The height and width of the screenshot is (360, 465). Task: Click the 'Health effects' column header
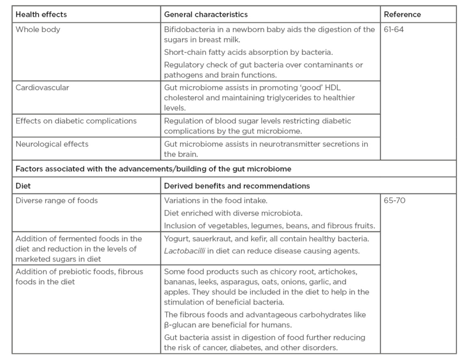(41, 14)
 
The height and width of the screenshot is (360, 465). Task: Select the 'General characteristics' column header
(206, 14)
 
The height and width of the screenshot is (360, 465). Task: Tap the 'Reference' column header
(402, 14)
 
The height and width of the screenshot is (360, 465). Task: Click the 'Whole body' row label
(38, 29)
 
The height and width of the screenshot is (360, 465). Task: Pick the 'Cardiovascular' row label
(42, 88)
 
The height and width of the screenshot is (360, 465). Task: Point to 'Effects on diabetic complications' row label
(76, 121)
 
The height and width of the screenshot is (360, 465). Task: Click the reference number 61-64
(394, 29)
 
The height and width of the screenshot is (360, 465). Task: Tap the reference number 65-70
(394, 201)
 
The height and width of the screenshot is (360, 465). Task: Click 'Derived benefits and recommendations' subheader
(237, 186)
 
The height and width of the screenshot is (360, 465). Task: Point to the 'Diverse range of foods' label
(56, 201)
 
